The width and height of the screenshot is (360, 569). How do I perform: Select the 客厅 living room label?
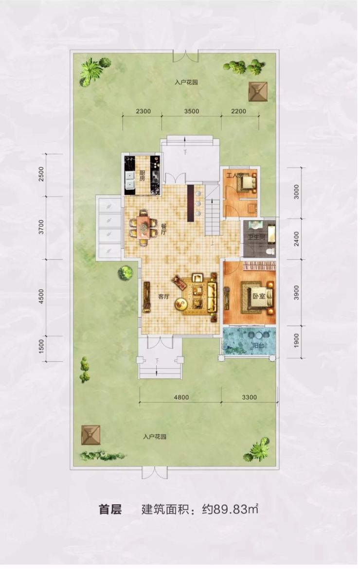point(163,297)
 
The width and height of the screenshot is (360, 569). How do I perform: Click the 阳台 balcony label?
point(258,345)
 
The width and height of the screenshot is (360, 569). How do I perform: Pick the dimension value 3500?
point(191,111)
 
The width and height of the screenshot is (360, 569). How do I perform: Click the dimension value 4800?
point(181,397)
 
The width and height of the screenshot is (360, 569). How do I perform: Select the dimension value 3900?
point(296,292)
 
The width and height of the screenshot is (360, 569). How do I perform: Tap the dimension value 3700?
point(41,227)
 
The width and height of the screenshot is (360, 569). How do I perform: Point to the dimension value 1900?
point(296,341)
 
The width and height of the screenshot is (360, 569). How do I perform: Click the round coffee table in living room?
point(180,304)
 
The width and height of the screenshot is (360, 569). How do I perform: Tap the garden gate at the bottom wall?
point(155,473)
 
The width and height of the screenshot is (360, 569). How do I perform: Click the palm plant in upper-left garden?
point(91,71)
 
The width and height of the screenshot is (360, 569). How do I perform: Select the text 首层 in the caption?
point(110,510)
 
